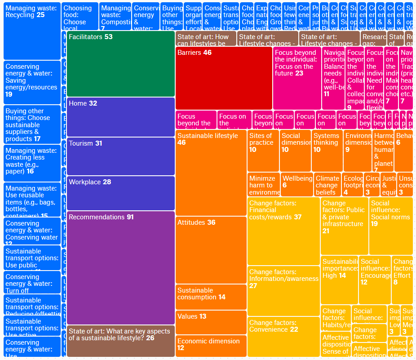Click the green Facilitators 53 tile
coord(120,64)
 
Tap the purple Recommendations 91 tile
coord(120,267)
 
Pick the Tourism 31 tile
coord(120,156)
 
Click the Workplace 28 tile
coord(120,193)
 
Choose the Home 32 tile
coord(120,116)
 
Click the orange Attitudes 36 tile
coord(211,249)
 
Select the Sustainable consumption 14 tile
coord(211,297)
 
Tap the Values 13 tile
coord(211,322)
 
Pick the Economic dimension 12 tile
coord(211,346)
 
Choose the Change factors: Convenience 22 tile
coord(283,337)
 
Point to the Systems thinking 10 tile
coord(327,151)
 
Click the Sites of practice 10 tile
coord(263,151)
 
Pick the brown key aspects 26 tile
coord(120,341)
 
